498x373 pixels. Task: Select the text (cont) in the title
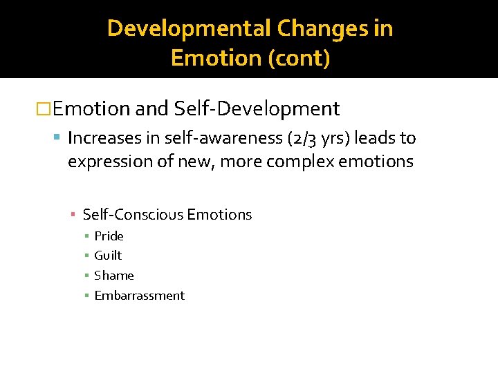299,58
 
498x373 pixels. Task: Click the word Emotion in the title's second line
216,58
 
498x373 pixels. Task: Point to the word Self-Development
257,108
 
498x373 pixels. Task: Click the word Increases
107,138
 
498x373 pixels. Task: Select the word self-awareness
222,138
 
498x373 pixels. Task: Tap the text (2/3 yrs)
317,138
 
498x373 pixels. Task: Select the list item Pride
109,236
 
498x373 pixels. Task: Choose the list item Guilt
108,256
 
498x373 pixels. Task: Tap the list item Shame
114,276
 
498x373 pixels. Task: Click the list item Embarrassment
139,296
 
